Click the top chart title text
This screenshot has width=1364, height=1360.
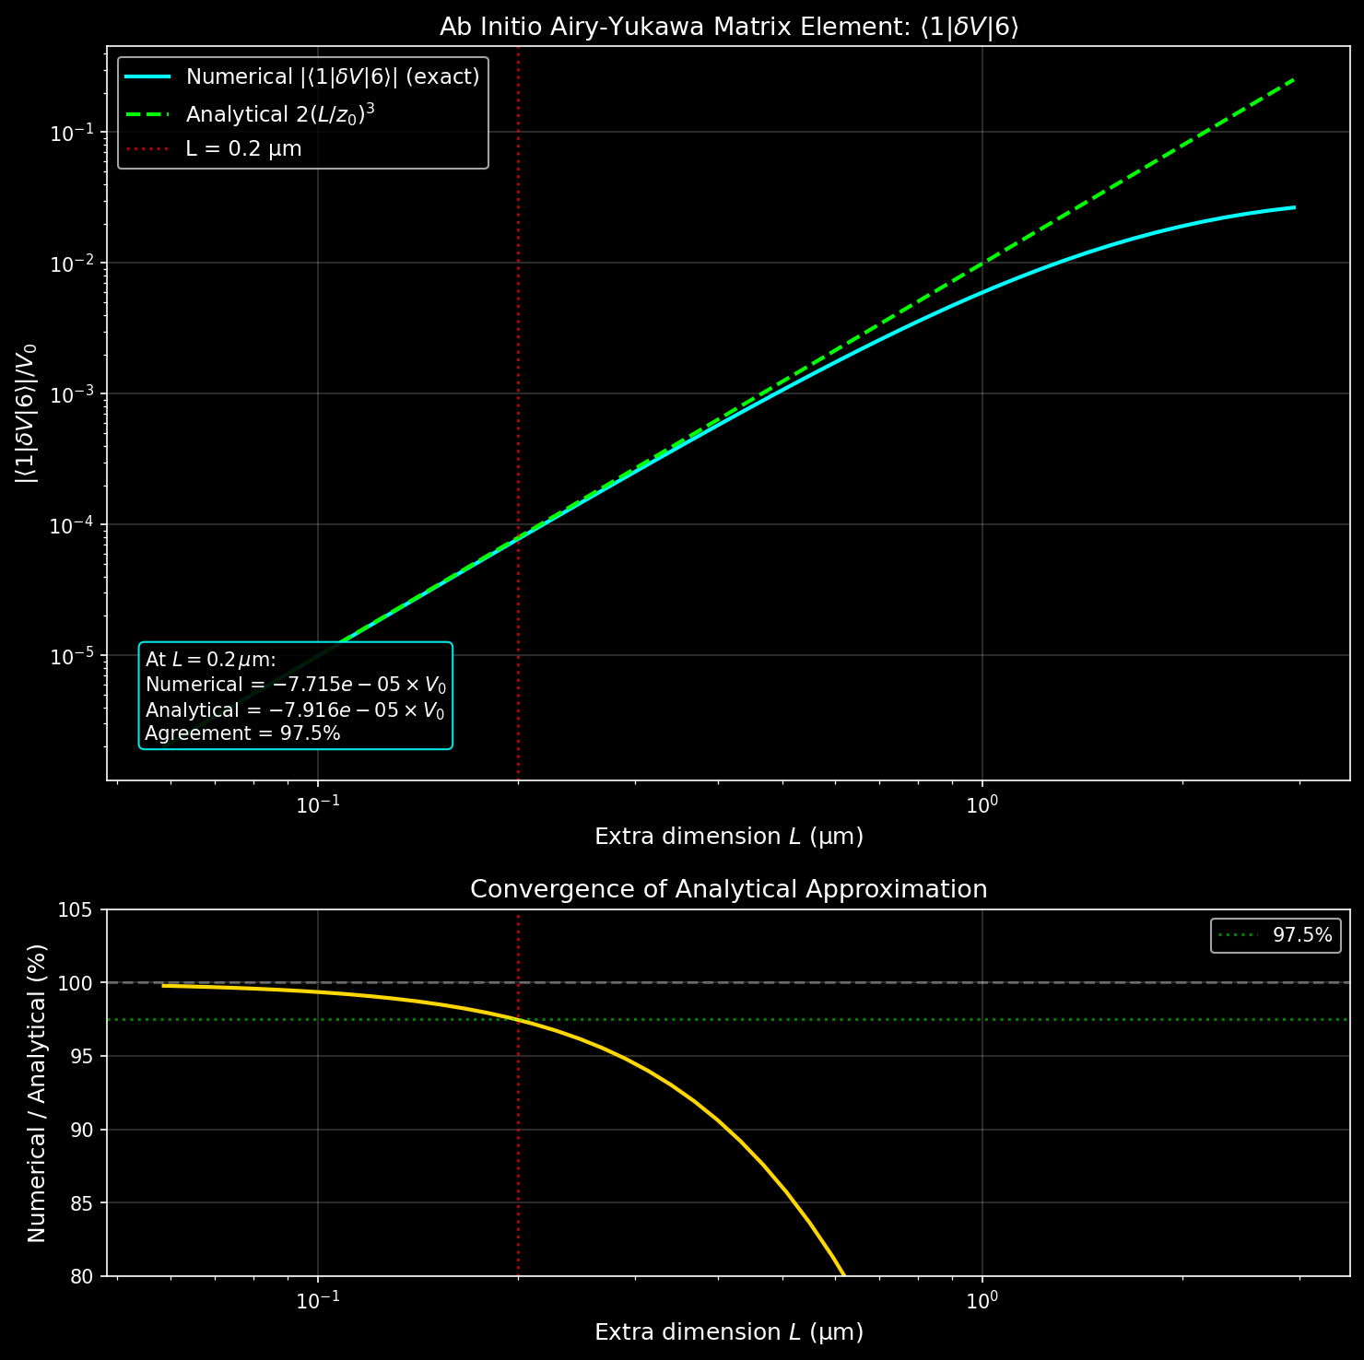[x=728, y=28]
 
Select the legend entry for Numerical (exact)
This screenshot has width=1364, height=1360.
[x=332, y=76]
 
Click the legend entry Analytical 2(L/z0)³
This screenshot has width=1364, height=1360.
[x=280, y=114]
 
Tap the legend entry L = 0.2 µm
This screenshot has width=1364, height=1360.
[x=243, y=148]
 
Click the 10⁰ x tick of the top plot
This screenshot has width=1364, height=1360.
[x=982, y=803]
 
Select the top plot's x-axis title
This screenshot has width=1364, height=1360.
[x=728, y=837]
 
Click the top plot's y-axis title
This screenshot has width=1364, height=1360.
[x=26, y=413]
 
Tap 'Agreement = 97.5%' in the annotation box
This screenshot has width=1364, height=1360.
[x=243, y=733]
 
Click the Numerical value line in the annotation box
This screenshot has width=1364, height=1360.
[x=296, y=685]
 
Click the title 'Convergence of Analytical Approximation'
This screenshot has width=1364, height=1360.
[x=728, y=889]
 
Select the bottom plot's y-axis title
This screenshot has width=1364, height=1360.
[x=37, y=1093]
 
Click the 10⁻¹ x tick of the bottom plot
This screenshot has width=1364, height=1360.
[x=318, y=1299]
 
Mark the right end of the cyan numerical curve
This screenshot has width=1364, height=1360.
[x=1294, y=207]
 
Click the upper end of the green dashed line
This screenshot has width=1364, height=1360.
[x=1294, y=80]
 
